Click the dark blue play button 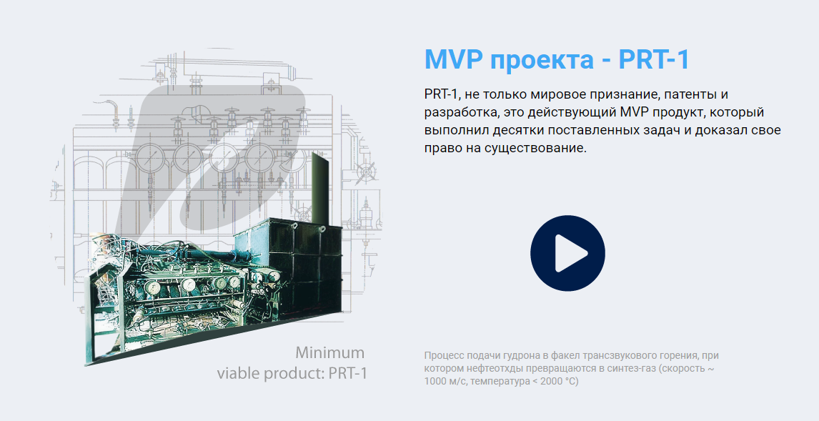point(567,253)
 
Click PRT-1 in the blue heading point(654,59)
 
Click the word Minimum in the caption point(330,352)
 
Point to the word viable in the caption point(239,373)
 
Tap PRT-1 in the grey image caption point(348,374)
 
